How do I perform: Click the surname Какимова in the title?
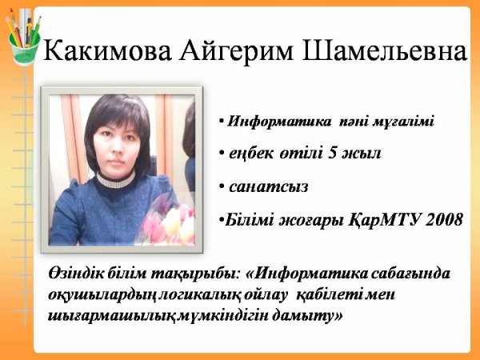pos(108,51)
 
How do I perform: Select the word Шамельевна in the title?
pos(385,51)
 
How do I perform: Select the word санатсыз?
pos(269,186)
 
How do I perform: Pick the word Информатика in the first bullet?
pos(279,122)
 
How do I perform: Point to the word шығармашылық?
pos(111,316)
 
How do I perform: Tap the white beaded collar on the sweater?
pos(116,180)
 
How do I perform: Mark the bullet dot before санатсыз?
pos(222,186)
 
